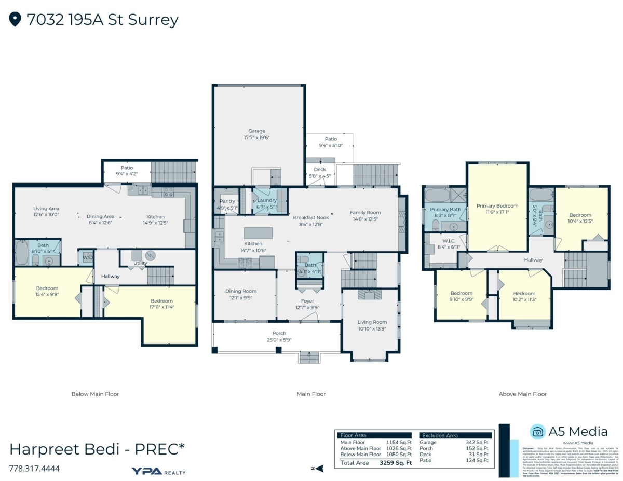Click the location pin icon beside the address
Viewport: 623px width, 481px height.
pos(15,20)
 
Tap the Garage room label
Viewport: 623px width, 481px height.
pos(256,131)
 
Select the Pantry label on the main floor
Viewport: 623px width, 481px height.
pos(227,201)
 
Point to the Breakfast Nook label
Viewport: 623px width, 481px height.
pos(311,218)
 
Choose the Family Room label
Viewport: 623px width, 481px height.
pos(365,212)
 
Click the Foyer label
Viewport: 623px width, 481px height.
pos(307,301)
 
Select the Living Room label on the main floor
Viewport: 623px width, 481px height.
pos(373,322)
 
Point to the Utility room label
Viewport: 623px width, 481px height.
pos(140,263)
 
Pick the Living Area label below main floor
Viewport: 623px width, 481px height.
pos(46,209)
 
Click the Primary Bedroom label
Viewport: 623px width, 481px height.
pos(497,206)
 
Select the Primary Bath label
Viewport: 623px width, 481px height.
pos(445,209)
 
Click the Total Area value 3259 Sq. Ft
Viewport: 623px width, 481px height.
pos(396,463)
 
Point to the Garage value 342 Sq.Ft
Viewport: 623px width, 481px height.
pos(476,442)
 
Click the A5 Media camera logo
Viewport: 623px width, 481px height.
pos(537,432)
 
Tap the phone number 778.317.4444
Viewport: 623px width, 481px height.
pos(34,469)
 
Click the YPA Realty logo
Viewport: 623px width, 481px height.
pos(158,471)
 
